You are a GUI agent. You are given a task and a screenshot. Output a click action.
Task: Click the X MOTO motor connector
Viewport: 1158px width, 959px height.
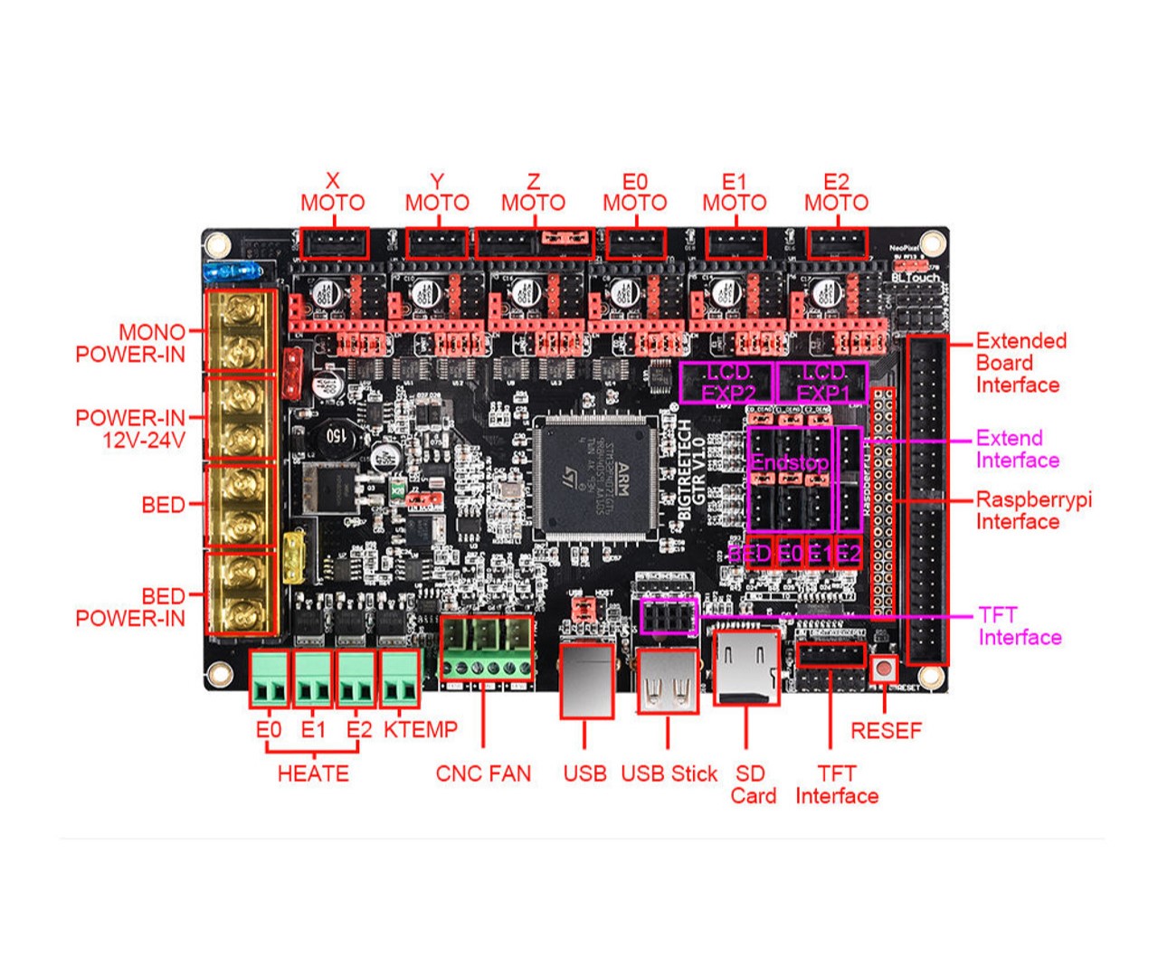tap(334, 243)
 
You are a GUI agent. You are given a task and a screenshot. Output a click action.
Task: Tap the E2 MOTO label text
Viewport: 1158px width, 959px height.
tap(836, 193)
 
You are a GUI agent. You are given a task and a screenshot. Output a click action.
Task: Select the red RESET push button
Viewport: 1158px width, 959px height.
tap(883, 670)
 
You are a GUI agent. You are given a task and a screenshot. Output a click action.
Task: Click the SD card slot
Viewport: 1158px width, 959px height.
tap(746, 668)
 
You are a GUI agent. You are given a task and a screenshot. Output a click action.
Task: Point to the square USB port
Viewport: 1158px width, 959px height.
tap(585, 680)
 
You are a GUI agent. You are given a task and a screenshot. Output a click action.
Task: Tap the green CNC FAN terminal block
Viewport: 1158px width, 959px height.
tap(486, 648)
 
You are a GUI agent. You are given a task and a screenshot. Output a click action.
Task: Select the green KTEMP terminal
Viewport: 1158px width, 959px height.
tap(399, 679)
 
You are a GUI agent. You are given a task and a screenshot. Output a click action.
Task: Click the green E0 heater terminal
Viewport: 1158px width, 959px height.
tap(269, 679)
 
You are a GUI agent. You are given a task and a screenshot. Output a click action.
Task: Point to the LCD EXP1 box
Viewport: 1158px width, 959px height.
tap(822, 383)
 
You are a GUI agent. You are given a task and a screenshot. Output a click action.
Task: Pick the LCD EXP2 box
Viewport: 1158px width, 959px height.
tap(727, 383)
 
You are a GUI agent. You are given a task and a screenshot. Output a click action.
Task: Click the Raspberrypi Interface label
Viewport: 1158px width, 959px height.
tap(1033, 510)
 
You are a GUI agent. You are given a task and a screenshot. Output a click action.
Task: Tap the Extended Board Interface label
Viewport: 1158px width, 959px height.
tap(1020, 363)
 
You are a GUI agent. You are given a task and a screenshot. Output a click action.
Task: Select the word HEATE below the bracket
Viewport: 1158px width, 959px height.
tap(313, 774)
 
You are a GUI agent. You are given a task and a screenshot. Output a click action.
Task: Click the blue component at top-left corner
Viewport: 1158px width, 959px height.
tap(233, 271)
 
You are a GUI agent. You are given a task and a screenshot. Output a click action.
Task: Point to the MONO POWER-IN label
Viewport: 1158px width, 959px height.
tap(130, 344)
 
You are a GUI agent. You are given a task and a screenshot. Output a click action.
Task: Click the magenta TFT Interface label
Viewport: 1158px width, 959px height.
tap(1019, 626)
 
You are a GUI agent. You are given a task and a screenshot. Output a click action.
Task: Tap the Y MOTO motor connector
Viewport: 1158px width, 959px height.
tap(438, 243)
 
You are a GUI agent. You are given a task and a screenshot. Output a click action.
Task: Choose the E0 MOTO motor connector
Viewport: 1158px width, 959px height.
tap(635, 243)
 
